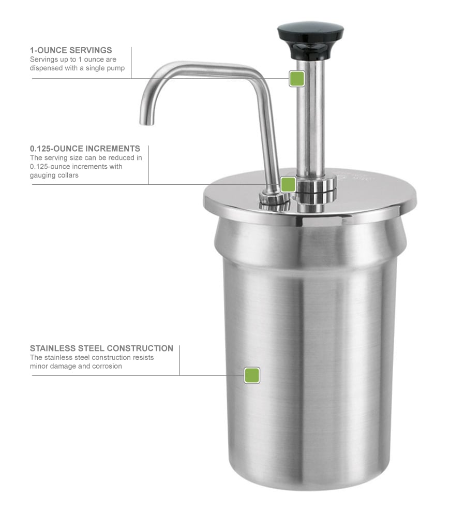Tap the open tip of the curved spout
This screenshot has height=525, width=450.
[x=147, y=122]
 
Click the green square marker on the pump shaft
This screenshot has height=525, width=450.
[x=296, y=79]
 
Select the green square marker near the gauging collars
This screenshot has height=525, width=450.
[x=288, y=184]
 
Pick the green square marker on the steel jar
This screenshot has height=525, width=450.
[x=252, y=375]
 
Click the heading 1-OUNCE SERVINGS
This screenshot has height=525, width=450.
[x=71, y=50]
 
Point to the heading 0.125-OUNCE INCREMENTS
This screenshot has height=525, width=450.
[x=85, y=149]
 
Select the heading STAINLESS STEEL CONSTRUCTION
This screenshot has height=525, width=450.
[x=101, y=348]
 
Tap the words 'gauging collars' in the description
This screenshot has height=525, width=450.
[x=54, y=176]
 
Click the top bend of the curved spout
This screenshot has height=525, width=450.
[x=171, y=70]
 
